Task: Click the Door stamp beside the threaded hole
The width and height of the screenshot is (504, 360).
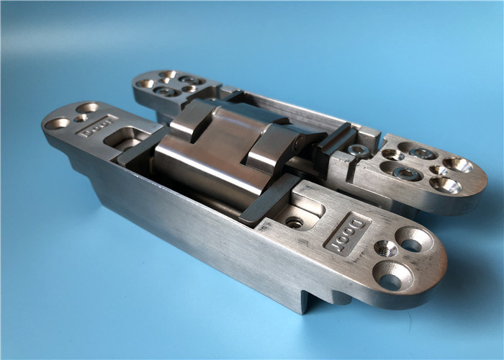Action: [348, 234]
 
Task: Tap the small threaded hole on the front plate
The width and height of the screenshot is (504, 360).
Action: [386, 249]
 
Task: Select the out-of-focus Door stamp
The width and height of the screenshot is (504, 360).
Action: [98, 126]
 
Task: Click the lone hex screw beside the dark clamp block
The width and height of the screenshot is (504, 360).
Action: [359, 150]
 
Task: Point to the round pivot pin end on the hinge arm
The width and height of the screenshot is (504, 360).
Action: [301, 141]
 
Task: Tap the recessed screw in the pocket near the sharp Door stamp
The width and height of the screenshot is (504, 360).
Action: [294, 222]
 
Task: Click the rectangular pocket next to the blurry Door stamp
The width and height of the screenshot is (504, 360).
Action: [126, 138]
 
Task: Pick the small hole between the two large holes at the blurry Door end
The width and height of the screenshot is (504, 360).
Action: [80, 118]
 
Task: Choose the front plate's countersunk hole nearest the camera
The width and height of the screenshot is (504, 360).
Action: [392, 276]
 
